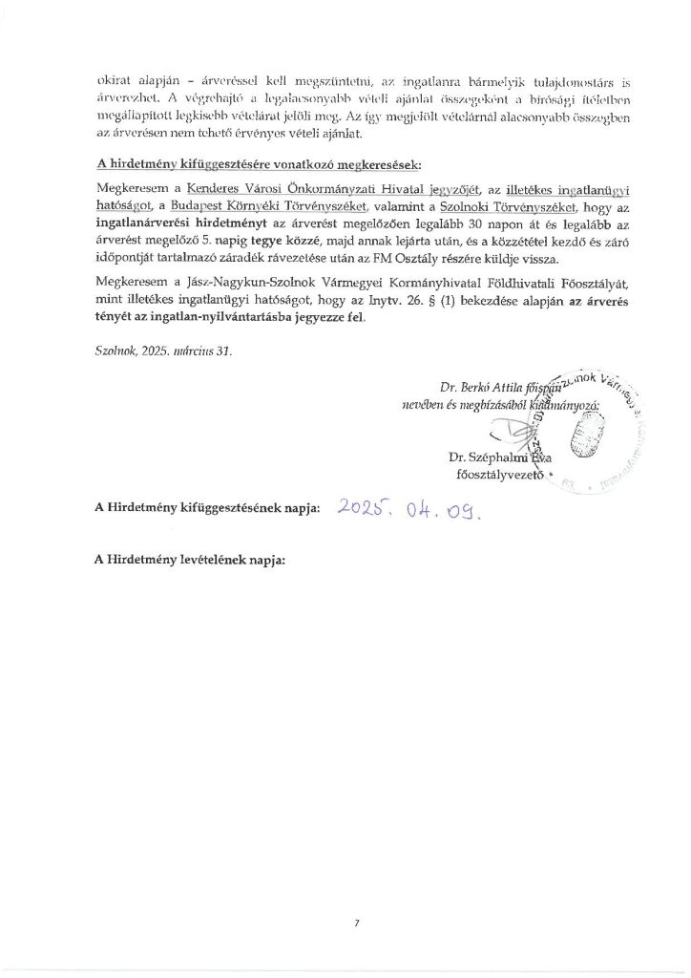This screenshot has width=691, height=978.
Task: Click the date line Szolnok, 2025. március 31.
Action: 164,351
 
